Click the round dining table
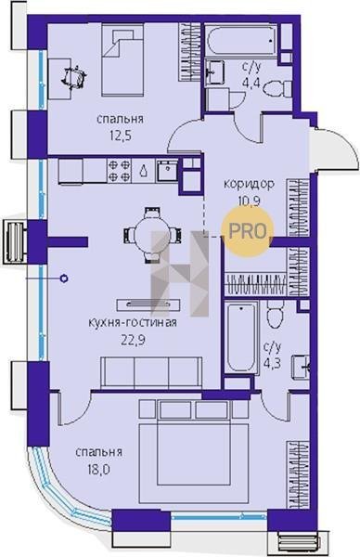[x=152, y=235]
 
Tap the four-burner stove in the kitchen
[x=119, y=171]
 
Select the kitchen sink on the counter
[x=167, y=171]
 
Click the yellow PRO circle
[x=248, y=231]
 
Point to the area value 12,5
[x=121, y=136]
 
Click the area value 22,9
[x=133, y=341]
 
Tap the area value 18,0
[x=98, y=470]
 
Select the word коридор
[x=249, y=184]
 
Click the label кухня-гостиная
[x=133, y=323]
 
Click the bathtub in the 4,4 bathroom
[x=240, y=40]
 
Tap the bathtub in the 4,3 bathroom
[x=242, y=337]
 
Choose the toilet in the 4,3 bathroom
[x=276, y=314]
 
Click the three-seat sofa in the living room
[x=151, y=372]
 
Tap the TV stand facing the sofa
[x=148, y=304]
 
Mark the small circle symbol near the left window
[x=64, y=278]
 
